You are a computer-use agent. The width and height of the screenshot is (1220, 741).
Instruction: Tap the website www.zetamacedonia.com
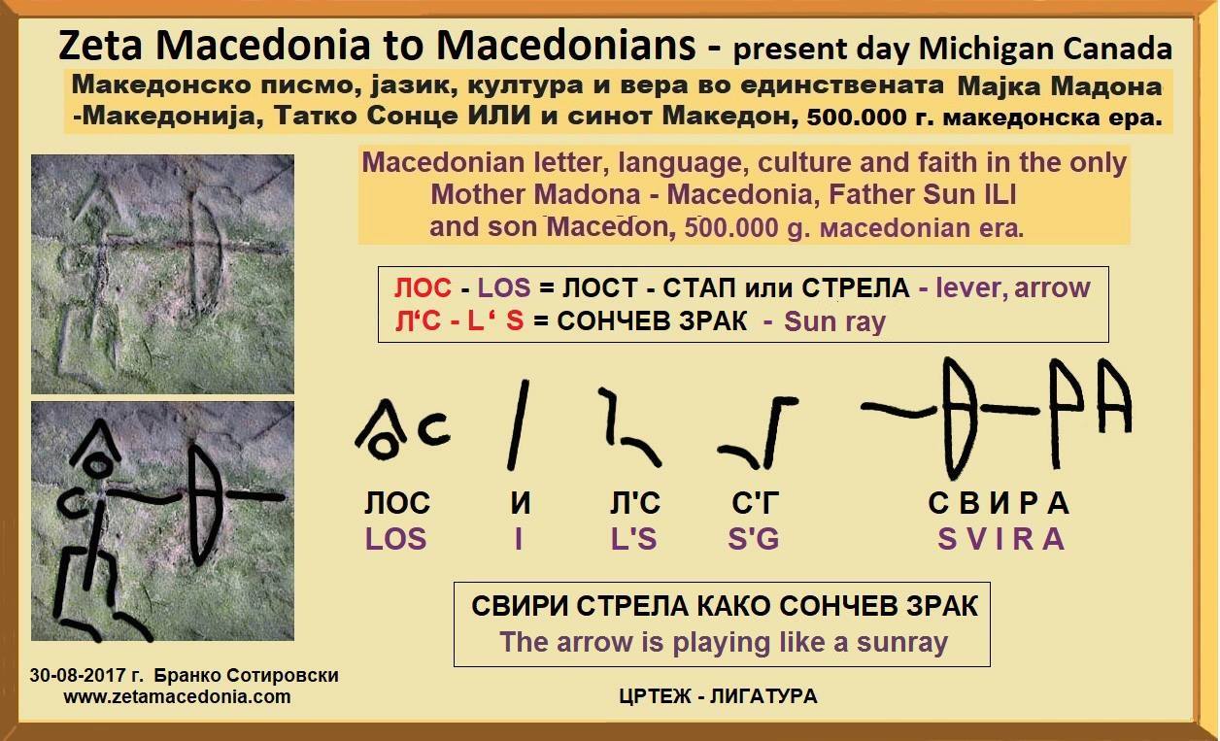177,696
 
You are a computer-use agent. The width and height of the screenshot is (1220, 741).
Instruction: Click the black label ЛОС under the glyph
397,503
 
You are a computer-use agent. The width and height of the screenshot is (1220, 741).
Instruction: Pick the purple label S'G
753,539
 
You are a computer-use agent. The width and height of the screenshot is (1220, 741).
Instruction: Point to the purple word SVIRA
1001,539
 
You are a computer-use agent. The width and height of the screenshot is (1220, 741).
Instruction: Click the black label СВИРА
999,503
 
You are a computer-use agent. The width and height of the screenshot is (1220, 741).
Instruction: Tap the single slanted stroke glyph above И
518,424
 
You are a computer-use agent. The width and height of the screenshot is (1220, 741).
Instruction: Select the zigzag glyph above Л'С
629,428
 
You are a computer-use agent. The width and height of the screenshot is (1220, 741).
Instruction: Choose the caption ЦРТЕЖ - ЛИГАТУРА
719,696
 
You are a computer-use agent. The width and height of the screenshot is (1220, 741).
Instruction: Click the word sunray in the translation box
902,643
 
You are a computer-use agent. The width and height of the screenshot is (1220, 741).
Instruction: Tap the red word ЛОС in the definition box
423,287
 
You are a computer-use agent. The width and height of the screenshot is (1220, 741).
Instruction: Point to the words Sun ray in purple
834,321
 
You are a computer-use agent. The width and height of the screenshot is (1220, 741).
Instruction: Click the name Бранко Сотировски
246,676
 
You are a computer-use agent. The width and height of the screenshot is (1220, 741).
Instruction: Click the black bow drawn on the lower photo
204,505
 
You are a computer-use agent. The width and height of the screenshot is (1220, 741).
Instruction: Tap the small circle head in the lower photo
97,466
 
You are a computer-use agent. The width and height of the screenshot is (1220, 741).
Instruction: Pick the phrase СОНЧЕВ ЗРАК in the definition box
652,321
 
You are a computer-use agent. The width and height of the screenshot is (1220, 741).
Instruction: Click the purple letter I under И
519,539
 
